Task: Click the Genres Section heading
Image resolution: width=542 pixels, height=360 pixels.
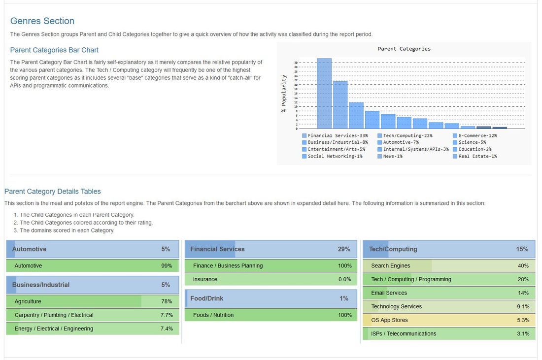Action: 42,21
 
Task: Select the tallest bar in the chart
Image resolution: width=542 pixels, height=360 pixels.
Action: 324,94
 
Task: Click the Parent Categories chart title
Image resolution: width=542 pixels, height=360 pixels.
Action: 404,49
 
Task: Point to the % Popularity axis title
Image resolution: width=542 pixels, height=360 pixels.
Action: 284,94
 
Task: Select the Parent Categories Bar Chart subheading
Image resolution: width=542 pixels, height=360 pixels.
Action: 54,50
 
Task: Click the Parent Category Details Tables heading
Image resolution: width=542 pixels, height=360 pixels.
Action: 53,191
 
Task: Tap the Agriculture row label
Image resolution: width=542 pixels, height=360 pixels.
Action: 28,301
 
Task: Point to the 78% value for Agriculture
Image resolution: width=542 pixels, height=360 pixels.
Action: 167,301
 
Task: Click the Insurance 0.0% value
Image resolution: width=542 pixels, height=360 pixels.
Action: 345,279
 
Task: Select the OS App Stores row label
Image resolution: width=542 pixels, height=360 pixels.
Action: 389,320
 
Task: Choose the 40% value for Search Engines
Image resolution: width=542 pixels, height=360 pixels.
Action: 523,266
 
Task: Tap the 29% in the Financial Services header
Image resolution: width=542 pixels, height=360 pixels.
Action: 344,249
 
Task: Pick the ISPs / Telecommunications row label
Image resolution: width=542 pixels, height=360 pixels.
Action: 404,334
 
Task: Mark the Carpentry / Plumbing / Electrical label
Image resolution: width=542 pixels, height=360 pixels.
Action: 54,315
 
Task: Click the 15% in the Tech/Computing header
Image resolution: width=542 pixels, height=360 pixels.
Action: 522,249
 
